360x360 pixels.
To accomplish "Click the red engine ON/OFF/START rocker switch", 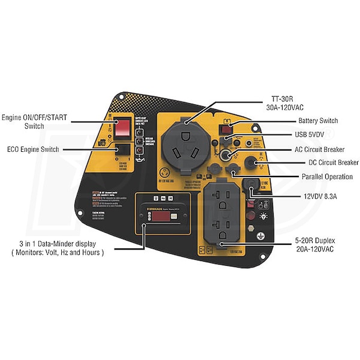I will pos(122,127).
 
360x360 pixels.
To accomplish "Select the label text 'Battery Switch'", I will pos(319,121).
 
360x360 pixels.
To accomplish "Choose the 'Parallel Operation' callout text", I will pos(328,176).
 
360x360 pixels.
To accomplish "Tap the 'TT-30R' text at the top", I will pos(278,100).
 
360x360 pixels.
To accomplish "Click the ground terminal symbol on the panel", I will pos(262,236).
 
